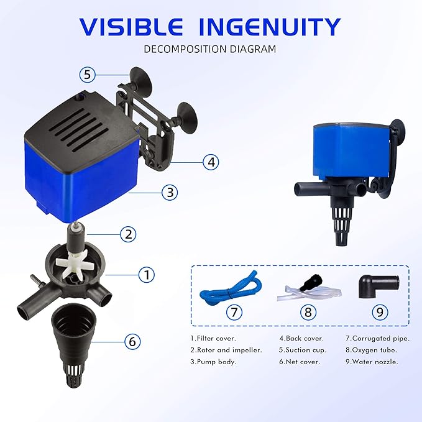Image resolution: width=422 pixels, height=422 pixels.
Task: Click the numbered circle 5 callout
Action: (88, 75)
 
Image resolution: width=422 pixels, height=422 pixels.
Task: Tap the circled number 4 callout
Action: (212, 162)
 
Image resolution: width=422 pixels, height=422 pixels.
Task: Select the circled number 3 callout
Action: (170, 193)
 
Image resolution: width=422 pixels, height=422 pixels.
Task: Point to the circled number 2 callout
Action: (128, 234)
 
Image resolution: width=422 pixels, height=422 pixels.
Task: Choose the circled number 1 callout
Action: (146, 273)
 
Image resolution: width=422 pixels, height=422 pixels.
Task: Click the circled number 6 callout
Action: (132, 341)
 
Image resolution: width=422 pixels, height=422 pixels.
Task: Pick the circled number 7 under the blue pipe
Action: (234, 312)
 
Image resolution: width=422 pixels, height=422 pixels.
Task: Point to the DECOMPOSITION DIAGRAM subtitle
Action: (210, 48)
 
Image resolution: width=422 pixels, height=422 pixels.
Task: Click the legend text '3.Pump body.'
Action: (213, 361)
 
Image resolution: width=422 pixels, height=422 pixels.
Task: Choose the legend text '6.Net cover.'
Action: (300, 361)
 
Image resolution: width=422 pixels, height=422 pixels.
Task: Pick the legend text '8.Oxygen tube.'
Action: (372, 349)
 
